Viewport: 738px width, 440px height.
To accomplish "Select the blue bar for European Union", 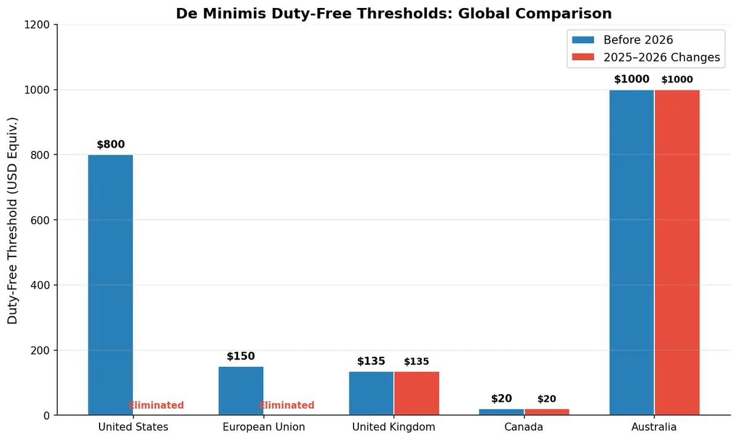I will pos(241,391).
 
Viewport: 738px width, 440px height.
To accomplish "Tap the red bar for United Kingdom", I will pos(416,393).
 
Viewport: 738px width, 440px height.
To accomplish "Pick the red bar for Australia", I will pos(677,252).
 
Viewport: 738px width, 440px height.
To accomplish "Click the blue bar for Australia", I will pos(632,252).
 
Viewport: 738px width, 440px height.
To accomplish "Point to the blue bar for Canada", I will pos(501,412).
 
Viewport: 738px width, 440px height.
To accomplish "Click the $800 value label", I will pos(111,145).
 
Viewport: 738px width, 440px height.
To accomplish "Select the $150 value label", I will pos(240,356).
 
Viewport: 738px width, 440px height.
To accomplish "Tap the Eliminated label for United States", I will pos(156,406).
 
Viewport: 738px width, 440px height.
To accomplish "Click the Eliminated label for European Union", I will pos(287,406).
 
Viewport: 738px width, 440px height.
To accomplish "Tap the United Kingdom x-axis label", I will pos(394,427).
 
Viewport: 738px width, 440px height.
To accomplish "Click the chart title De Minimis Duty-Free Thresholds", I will pos(394,14).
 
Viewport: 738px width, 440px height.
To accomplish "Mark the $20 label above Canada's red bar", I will pos(547,399).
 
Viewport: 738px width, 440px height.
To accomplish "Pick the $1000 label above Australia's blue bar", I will pos(632,79).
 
